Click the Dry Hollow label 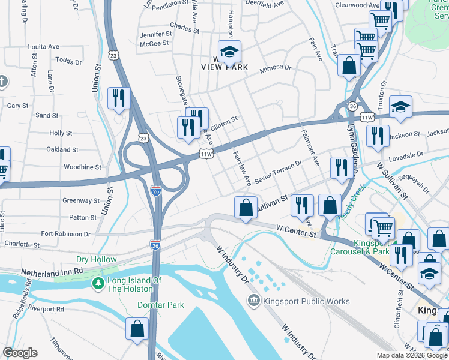pos(96,259)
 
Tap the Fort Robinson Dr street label pos(65,234)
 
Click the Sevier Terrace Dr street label pos(277,173)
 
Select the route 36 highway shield pos(353,106)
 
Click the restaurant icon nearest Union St pos(119,98)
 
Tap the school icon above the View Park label pos(229,53)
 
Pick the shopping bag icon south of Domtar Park pos(137,329)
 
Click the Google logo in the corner pos(20,353)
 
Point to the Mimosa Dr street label pos(275,70)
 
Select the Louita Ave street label pos(44,46)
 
